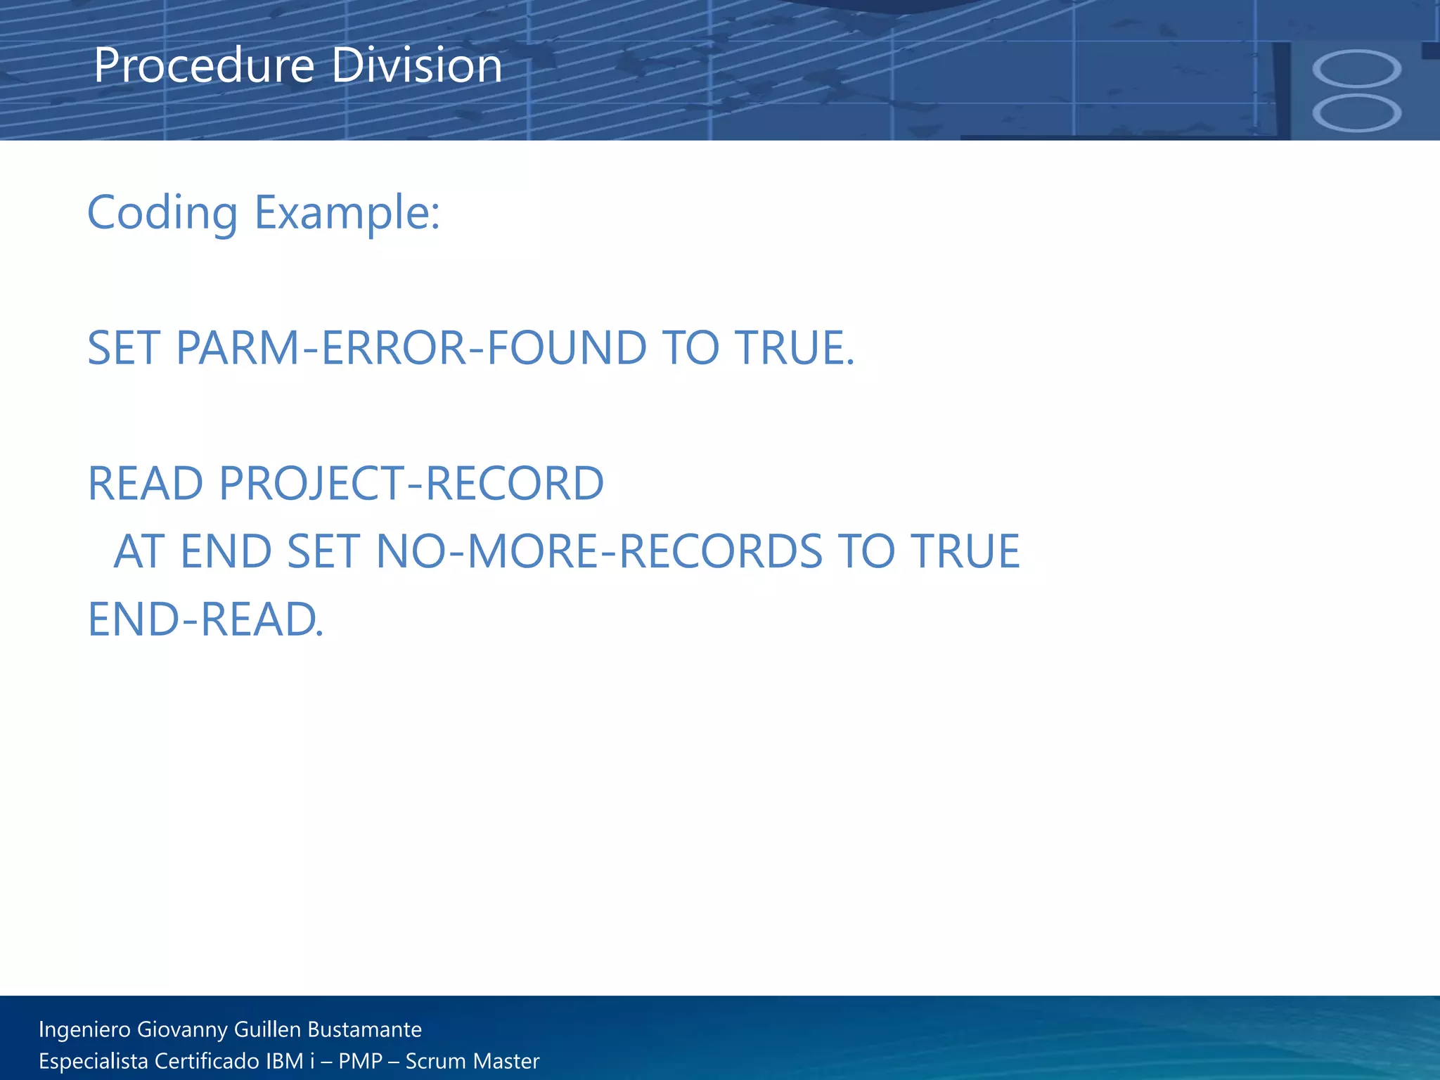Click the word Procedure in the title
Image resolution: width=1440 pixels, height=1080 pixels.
pos(204,66)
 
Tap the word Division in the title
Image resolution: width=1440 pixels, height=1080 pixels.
pos(416,66)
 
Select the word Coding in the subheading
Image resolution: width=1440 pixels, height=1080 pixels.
pos(162,212)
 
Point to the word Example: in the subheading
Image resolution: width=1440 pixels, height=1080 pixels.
pos(347,212)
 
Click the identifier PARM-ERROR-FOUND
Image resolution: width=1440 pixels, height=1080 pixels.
pos(411,348)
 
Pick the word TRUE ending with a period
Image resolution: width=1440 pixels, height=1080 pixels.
pos(795,348)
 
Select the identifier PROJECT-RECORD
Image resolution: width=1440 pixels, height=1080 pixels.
pos(411,484)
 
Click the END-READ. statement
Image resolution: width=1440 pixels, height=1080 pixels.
pos(205,619)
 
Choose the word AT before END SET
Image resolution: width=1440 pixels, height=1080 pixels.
pos(140,551)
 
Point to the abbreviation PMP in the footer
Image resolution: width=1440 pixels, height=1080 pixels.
pos(360,1061)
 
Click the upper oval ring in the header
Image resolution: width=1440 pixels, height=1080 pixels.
pos(1356,68)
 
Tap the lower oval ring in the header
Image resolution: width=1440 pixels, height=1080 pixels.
pos(1356,112)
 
